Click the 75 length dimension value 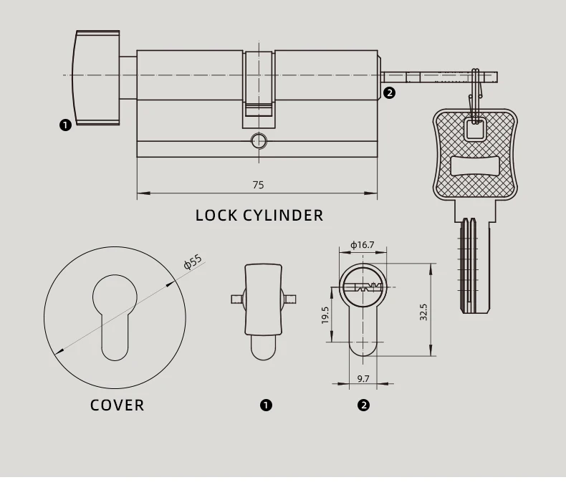[258, 185]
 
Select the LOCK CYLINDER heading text [259, 215]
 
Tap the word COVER [117, 405]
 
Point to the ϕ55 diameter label [193, 261]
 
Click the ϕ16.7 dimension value [362, 245]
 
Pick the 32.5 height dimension [423, 312]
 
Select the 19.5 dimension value [325, 315]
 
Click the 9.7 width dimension [363, 378]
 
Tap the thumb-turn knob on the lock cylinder [97, 77]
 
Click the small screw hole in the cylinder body [259, 140]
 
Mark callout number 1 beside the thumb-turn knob [65, 125]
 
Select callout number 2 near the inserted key [390, 92]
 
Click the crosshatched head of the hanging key [474, 154]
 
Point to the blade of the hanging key [474, 265]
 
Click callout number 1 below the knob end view [266, 405]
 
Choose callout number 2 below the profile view [363, 405]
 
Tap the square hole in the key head [474, 129]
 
